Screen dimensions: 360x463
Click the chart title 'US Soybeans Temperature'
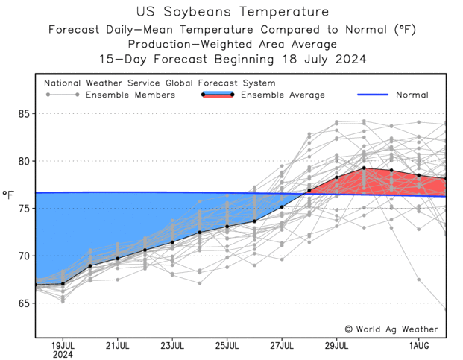point(232,12)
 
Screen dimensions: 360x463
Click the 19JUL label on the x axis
point(63,345)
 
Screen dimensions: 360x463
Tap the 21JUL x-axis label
point(118,345)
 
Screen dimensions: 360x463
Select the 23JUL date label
point(172,345)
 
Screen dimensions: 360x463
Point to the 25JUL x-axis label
point(227,345)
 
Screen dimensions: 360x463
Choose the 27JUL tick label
point(282,345)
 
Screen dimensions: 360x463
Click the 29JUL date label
point(337,345)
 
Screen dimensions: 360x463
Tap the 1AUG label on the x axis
point(419,345)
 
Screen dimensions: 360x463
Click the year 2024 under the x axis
point(63,355)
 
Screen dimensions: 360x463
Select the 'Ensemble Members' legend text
point(130,95)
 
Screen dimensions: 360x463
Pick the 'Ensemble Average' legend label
point(284,95)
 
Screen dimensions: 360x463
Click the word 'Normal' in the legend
point(412,95)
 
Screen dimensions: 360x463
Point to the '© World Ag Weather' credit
point(391,329)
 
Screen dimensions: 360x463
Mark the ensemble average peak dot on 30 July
point(364,168)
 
